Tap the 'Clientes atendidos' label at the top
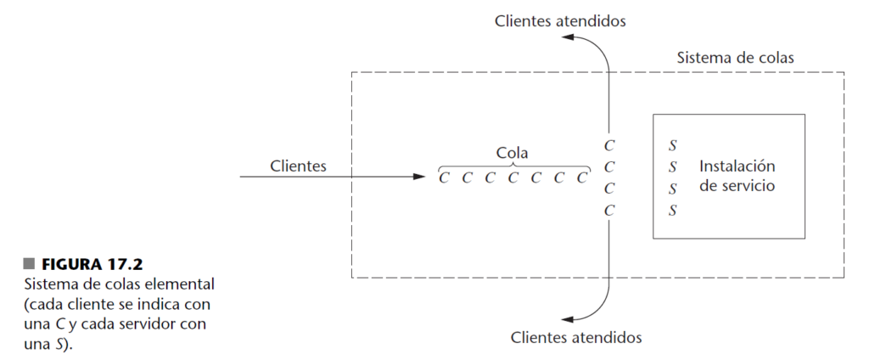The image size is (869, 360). click(560, 20)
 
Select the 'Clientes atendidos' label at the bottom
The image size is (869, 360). click(576, 338)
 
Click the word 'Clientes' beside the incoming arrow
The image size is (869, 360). click(297, 166)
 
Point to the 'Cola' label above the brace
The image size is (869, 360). click(512, 153)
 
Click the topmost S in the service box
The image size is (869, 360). click(672, 146)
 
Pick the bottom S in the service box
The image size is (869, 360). click(672, 210)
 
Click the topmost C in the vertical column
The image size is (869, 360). click(608, 145)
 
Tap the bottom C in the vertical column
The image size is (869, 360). click(608, 210)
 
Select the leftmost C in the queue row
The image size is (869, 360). click(444, 178)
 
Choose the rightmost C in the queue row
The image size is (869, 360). click(581, 178)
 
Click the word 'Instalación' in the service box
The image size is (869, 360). click(737, 166)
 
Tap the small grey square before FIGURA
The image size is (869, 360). click(29, 262)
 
